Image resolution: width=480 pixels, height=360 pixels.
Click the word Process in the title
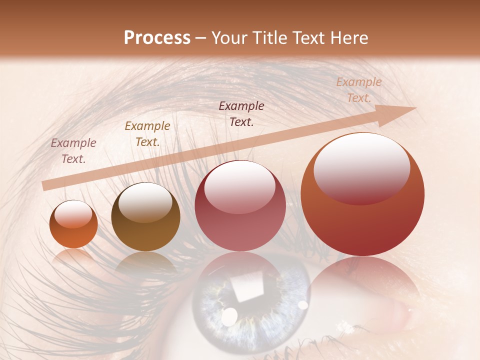tap(157, 38)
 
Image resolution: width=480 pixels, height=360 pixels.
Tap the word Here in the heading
tap(348, 38)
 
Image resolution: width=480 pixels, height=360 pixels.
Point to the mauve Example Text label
tap(73, 150)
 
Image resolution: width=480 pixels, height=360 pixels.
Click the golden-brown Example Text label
tap(147, 133)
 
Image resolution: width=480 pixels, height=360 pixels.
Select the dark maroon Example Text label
tap(241, 113)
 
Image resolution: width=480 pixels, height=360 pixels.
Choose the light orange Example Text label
tap(359, 89)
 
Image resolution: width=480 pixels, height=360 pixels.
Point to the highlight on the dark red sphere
tap(239, 186)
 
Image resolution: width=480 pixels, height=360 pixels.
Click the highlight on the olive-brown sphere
tap(145, 201)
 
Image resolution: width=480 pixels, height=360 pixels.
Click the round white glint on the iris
tap(229, 316)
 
